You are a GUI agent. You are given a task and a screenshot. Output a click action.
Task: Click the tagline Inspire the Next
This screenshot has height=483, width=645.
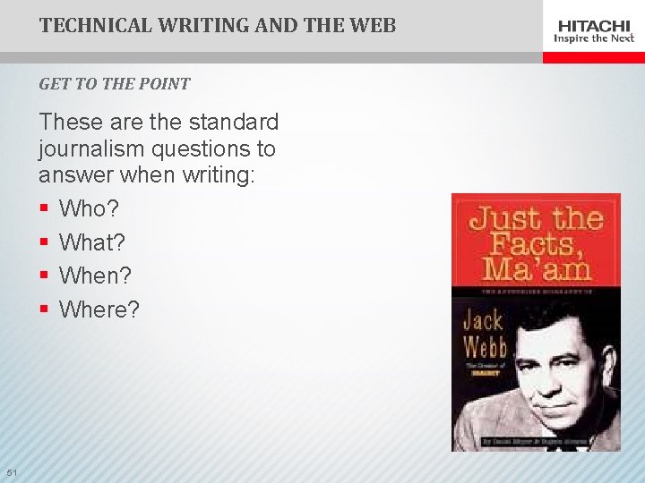pyautogui.click(x=595, y=38)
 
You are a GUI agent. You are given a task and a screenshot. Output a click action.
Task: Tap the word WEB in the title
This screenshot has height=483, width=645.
pyautogui.click(x=373, y=25)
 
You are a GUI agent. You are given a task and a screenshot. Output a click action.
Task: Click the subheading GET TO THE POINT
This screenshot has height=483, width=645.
pyautogui.click(x=114, y=84)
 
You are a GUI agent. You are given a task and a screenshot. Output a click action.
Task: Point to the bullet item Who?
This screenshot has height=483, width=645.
pyautogui.click(x=88, y=208)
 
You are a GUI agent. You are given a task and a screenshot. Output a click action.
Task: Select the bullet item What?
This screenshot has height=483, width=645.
pyautogui.click(x=91, y=242)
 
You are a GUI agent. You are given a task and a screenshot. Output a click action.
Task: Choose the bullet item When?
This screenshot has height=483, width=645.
pyautogui.click(x=94, y=275)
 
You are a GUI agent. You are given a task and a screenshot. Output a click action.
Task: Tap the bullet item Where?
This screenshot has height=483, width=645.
pyautogui.click(x=99, y=309)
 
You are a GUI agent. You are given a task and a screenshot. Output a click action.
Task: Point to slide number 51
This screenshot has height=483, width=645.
pyautogui.click(x=11, y=472)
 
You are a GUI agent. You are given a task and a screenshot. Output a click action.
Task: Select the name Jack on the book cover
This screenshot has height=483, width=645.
pyautogui.click(x=484, y=320)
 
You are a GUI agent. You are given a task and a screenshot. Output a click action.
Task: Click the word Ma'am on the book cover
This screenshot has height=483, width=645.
pyautogui.click(x=535, y=268)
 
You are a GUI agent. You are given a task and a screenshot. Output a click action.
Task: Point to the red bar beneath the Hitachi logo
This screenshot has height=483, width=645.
pyautogui.click(x=593, y=57)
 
